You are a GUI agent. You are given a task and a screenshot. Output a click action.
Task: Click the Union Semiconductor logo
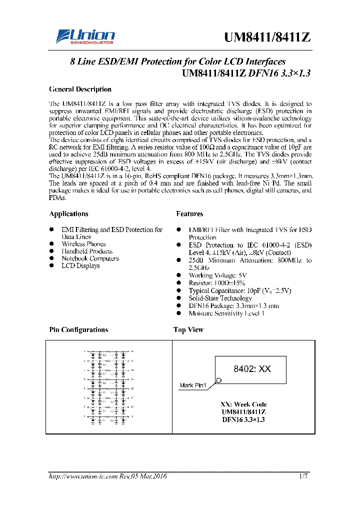85,36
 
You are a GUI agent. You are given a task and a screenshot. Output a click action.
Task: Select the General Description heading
80,89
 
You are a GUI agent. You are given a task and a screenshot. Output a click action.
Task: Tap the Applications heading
68,214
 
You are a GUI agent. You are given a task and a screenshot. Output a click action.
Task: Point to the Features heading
189,214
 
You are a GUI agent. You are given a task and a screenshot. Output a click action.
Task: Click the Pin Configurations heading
78,330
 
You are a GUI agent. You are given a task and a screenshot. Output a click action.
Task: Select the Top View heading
188,330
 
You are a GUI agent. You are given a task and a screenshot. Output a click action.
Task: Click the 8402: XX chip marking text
252,369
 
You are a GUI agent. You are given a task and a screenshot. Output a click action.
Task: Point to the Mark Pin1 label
193,385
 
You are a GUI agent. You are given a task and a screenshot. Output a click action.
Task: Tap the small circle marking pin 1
218,381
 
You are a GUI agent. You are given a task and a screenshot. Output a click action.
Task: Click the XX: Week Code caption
243,404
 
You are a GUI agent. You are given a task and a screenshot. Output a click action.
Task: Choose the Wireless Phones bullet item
83,244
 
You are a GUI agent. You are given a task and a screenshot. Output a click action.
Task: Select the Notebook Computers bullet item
90,258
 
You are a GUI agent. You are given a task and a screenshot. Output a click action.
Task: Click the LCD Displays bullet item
80,266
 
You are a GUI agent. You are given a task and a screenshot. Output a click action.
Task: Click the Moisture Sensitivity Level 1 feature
226,313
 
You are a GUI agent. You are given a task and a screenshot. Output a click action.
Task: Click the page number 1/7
303,476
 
